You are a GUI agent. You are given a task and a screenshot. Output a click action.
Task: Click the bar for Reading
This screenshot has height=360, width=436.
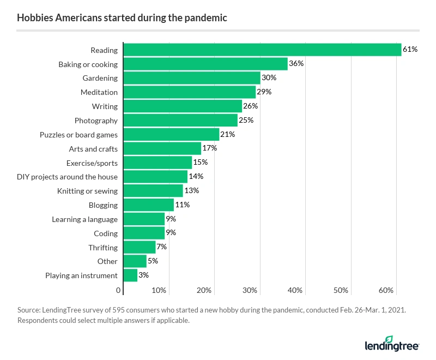point(262,50)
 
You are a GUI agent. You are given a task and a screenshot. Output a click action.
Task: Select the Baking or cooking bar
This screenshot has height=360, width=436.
point(205,64)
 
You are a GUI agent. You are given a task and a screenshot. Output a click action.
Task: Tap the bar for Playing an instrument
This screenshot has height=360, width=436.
point(130,275)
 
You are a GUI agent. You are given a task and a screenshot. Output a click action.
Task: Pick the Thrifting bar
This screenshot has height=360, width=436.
point(140,247)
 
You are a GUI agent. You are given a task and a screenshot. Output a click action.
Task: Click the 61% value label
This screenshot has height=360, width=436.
point(410,50)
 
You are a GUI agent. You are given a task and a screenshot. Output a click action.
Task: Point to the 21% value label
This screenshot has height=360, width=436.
point(227,134)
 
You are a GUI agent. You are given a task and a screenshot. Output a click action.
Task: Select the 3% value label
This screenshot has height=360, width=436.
point(144,275)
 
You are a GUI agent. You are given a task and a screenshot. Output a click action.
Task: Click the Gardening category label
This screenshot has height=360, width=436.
point(100,78)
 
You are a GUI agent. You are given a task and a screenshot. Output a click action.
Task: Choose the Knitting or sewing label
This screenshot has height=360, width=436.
point(87,191)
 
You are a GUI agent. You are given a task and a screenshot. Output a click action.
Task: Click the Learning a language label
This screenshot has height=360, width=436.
point(84,219)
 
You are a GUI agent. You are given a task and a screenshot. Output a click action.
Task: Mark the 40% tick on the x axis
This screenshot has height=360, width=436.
point(295,290)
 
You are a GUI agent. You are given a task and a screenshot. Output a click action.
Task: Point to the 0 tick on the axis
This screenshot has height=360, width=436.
point(118,290)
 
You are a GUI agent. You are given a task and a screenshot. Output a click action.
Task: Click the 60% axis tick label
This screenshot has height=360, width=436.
point(386,290)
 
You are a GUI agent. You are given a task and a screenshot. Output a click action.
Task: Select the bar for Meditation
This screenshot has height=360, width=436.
point(190,92)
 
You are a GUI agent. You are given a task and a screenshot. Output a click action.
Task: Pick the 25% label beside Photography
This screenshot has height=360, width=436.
point(246,120)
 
